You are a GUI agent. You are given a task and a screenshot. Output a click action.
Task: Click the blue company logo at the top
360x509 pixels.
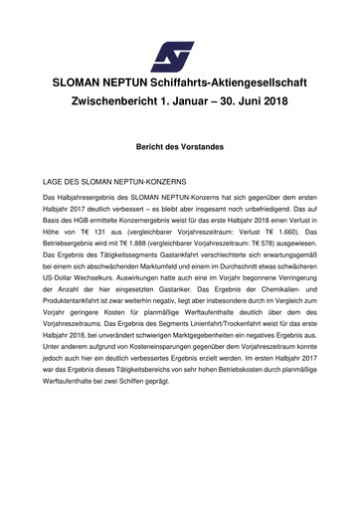pos(179,46)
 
